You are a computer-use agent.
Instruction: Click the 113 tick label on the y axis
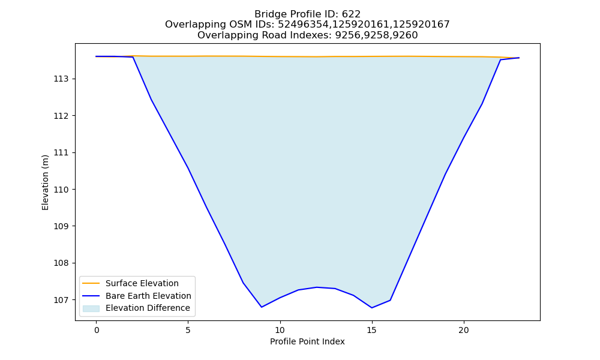coord(61,79)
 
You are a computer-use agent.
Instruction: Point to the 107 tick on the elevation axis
coord(61,300)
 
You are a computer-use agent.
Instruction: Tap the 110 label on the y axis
coord(61,190)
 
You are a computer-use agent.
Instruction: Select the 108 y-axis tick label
coord(61,263)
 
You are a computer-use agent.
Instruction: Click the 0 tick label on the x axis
coord(97,330)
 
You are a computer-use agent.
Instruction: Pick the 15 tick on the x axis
coord(371,330)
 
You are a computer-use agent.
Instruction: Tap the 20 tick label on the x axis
coord(463,330)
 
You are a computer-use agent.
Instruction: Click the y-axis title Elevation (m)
coord(45,182)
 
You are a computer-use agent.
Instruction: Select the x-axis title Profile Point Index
coord(307,341)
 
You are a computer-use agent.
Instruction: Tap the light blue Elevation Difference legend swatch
coord(91,308)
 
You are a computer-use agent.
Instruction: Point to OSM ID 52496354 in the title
coord(303,25)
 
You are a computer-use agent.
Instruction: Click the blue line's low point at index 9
coord(262,307)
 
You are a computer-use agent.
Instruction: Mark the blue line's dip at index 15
coord(371,308)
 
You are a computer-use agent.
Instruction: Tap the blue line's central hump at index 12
coord(317,287)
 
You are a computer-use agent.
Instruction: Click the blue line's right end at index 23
coord(519,58)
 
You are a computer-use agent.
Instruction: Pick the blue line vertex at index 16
coord(390,301)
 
